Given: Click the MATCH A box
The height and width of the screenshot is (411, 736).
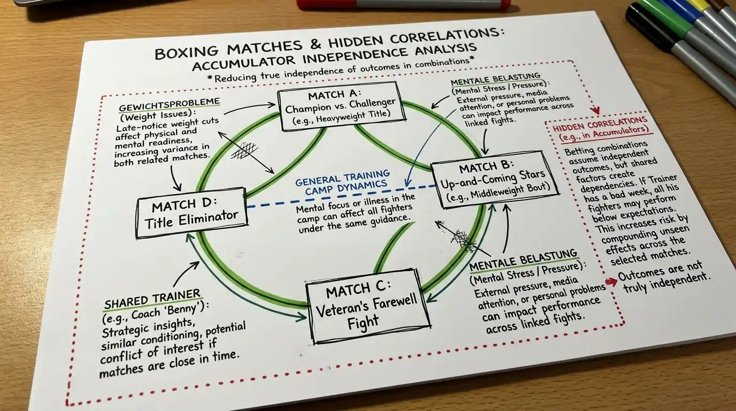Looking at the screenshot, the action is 342,107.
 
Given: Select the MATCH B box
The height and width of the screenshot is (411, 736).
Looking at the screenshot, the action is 494,179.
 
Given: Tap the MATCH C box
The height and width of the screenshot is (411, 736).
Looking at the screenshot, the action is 367,306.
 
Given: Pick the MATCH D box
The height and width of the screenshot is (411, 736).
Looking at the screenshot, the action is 191,213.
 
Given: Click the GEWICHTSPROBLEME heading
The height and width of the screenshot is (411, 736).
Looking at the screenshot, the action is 169,104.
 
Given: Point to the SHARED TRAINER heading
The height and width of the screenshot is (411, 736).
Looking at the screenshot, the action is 152,300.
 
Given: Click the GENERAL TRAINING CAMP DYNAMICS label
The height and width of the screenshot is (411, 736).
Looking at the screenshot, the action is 343,182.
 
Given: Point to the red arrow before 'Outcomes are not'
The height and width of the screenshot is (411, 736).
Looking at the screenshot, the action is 611,282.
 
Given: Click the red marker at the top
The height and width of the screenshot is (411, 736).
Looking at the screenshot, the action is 403,4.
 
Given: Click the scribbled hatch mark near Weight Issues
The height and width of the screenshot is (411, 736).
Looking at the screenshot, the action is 244,150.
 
